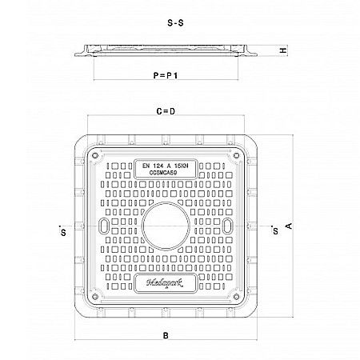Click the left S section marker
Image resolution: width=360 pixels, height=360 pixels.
(62, 233)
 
